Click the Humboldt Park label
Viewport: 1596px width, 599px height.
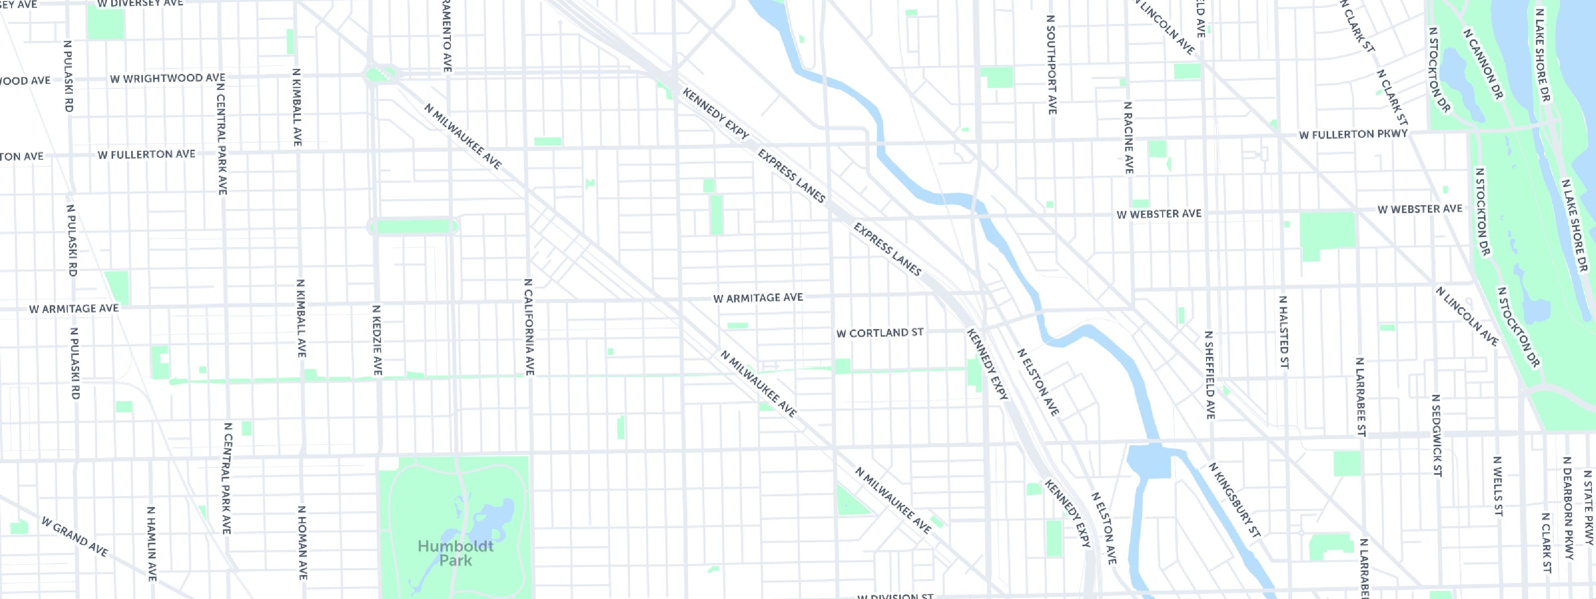pyautogui.click(x=455, y=553)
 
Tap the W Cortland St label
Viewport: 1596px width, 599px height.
pyautogui.click(x=880, y=333)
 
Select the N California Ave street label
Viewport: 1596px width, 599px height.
pyautogui.click(x=529, y=327)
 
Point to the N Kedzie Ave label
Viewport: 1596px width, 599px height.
pyautogui.click(x=377, y=340)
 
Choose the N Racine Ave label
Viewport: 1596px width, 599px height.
pyautogui.click(x=1128, y=137)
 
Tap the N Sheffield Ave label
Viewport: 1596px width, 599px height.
pyautogui.click(x=1209, y=374)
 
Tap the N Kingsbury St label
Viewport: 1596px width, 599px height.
pyautogui.click(x=1234, y=499)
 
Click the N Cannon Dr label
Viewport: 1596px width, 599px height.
pyautogui.click(x=1483, y=63)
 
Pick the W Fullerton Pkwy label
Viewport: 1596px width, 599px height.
pyautogui.click(x=1353, y=134)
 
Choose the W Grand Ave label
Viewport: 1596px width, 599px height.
pyautogui.click(x=74, y=537)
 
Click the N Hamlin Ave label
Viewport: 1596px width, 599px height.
pyautogui.click(x=151, y=543)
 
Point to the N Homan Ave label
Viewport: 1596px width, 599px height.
pyautogui.click(x=302, y=543)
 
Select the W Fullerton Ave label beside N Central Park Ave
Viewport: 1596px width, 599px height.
pyautogui.click(x=146, y=154)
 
